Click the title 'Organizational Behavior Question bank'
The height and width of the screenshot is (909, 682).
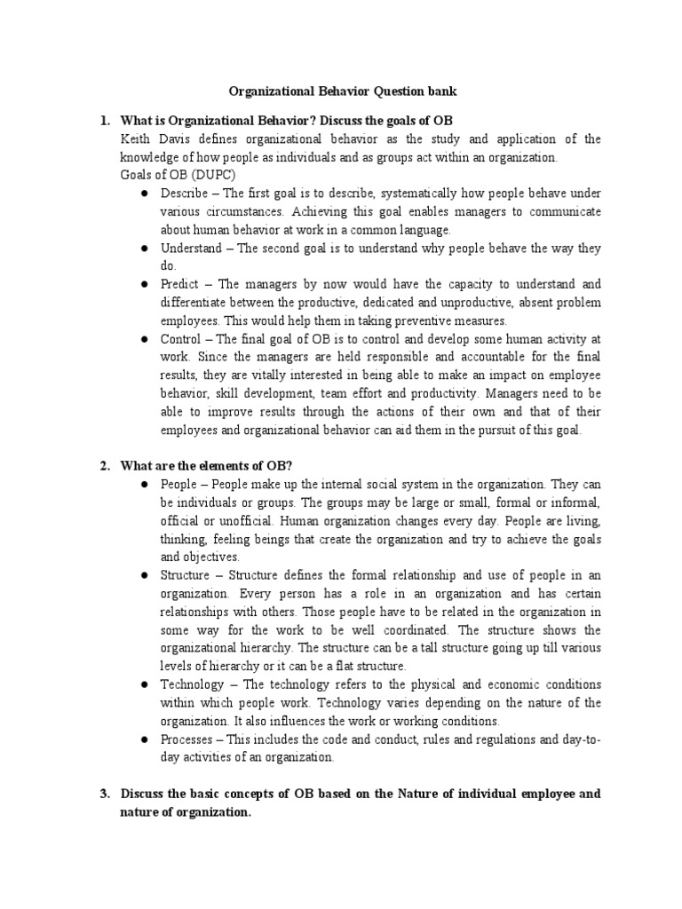(340, 91)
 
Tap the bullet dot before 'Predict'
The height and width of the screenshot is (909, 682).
(144, 284)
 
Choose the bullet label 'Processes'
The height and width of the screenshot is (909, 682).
(189, 739)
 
